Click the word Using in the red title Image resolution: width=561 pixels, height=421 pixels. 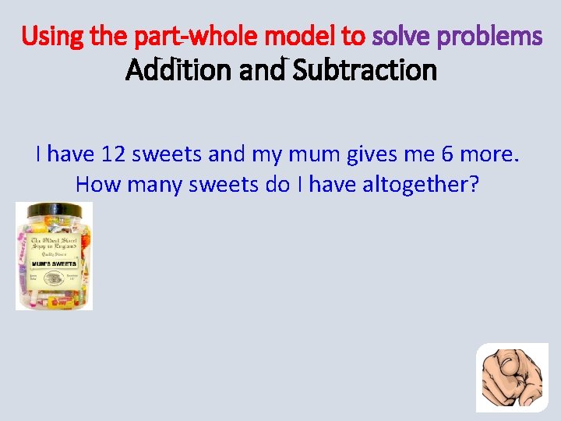coord(49,36)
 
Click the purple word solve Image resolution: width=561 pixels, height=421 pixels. coord(400,36)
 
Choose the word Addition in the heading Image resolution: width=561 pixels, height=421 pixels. coord(174,71)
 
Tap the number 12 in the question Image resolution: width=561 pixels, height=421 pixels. coord(112,154)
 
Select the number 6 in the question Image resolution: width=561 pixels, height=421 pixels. coord(447,154)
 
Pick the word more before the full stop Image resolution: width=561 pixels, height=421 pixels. coord(486,154)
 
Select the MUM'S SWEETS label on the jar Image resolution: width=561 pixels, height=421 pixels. coord(54,264)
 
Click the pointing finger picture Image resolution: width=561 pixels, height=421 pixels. coord(512,377)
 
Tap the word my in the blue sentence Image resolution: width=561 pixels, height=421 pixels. coord(266,154)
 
